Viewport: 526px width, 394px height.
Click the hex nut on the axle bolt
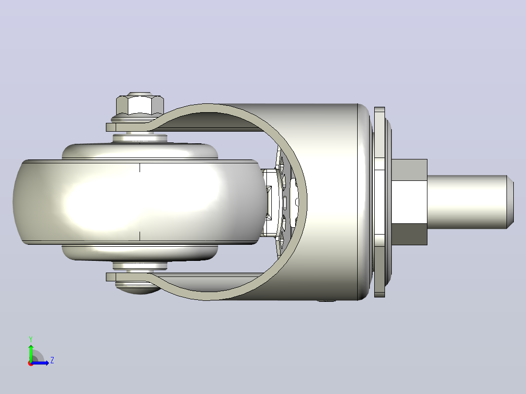(x=140, y=105)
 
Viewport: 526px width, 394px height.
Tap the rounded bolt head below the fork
(x=138, y=288)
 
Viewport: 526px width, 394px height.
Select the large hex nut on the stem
(x=409, y=202)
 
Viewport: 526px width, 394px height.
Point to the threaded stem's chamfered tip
(x=510, y=202)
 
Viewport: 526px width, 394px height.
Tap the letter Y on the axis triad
(x=31, y=339)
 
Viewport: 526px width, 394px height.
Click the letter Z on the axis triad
(x=52, y=360)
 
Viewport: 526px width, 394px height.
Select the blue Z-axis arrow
(x=40, y=362)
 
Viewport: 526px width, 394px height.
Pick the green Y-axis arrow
(x=31, y=354)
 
